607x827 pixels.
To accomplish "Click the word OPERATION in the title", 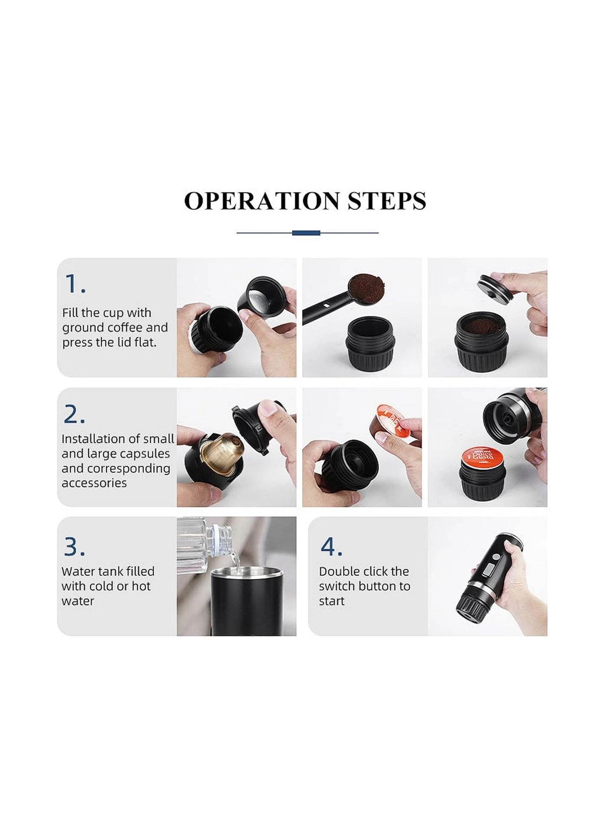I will (262, 201).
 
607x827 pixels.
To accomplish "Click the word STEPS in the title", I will (387, 201).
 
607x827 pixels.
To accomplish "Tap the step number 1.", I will (75, 284).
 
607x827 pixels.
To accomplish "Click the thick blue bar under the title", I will (306, 233).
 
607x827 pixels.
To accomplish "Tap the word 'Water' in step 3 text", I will (78, 571).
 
